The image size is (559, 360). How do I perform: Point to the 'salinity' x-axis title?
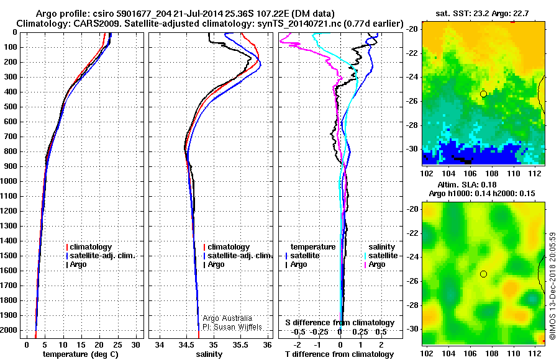click(x=209, y=354)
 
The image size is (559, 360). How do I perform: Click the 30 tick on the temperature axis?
click(x=136, y=344)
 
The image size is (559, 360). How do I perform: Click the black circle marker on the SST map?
click(x=483, y=94)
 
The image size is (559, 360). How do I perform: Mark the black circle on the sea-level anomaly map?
click(x=483, y=274)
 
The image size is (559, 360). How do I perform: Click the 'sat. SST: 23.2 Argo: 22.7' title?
click(x=486, y=13)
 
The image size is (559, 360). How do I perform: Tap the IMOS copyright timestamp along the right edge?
click(x=552, y=286)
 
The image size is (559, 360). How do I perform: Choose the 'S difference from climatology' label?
click(x=340, y=323)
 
